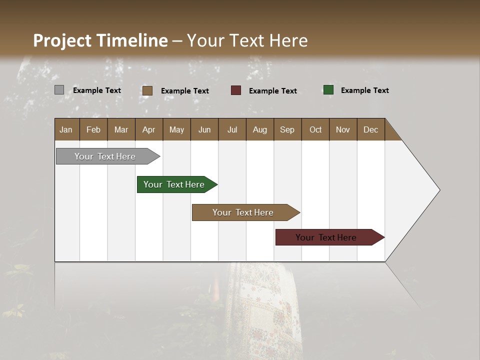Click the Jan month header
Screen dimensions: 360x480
(66, 129)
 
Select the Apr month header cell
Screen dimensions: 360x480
(149, 129)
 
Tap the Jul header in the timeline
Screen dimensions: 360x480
(232, 129)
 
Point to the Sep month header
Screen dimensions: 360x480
(287, 129)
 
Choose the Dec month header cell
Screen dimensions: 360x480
(370, 129)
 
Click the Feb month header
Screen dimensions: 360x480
(93, 129)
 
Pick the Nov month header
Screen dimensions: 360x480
(343, 129)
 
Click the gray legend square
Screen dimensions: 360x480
(59, 90)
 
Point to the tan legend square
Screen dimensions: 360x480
(147, 90)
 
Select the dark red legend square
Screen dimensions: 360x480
(235, 90)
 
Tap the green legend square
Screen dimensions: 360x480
(328, 90)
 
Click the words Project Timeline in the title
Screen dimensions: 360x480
(100, 40)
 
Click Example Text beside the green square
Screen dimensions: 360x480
(364, 90)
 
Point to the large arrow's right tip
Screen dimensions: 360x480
(438, 190)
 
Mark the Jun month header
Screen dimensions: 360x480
(204, 129)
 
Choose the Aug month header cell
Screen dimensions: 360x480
(260, 129)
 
